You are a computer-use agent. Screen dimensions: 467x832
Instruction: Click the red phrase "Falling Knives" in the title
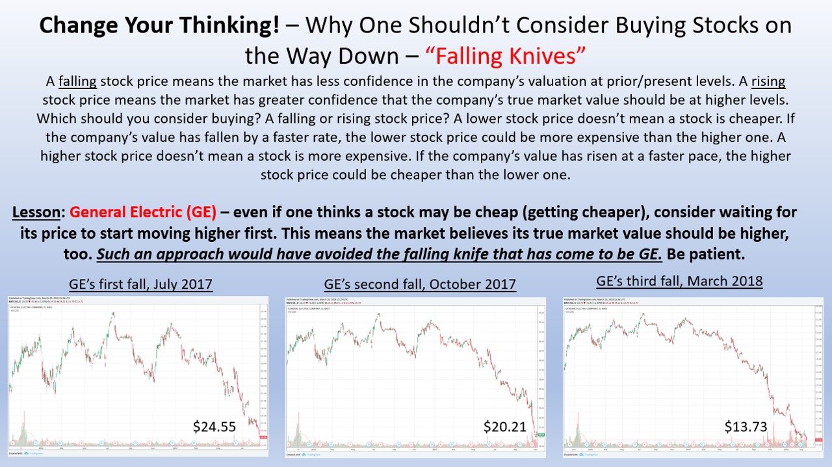point(507,56)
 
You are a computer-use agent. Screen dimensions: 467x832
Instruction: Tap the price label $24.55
point(214,426)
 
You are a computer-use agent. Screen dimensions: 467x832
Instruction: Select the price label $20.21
point(505,426)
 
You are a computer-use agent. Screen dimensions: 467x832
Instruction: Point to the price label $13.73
point(746,426)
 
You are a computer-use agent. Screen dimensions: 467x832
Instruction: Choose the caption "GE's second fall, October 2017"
point(420,284)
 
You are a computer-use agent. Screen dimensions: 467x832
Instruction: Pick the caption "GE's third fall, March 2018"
point(679,282)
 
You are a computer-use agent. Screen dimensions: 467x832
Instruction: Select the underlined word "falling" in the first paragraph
point(77,82)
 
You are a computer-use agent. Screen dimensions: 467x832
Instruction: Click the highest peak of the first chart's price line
point(113,313)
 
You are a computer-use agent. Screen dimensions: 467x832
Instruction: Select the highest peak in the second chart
point(376,314)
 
